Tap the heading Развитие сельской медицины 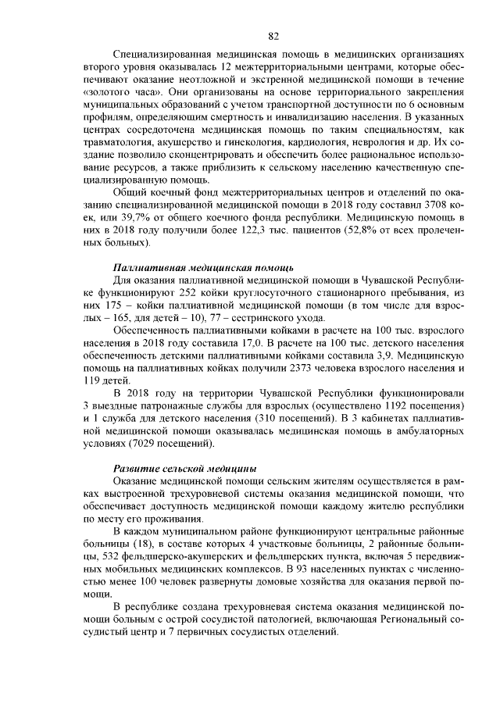click(184, 467)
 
